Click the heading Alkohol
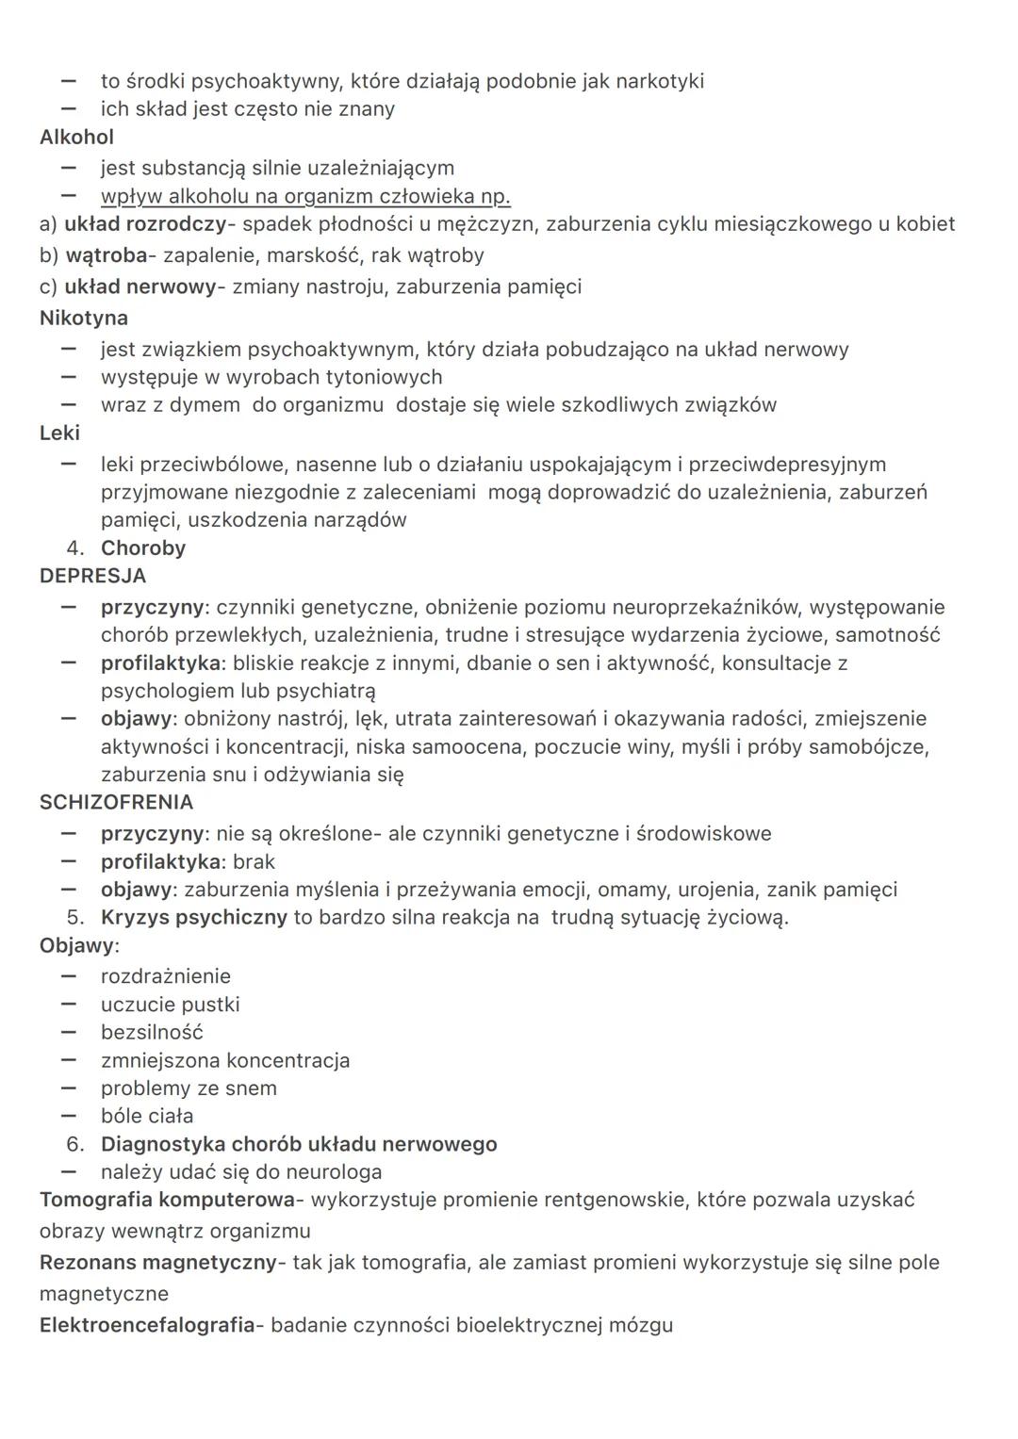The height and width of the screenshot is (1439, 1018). click(x=76, y=138)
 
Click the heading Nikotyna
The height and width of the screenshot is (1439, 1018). click(x=84, y=319)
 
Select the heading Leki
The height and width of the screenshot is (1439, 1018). click(x=59, y=433)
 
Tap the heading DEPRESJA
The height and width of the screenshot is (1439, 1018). click(x=92, y=576)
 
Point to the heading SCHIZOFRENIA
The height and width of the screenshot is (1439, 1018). click(x=116, y=803)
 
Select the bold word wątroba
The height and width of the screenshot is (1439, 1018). click(x=107, y=255)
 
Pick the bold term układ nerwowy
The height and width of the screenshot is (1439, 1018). click(x=140, y=286)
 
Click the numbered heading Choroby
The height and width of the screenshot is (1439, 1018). click(x=143, y=548)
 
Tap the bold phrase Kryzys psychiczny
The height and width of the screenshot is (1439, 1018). click(x=193, y=918)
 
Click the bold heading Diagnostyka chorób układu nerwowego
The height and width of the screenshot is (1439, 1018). click(x=299, y=1145)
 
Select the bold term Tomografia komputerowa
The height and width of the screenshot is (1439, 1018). click(x=167, y=1201)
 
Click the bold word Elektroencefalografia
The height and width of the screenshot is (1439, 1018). click(x=147, y=1326)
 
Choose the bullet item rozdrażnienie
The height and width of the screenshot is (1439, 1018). click(x=166, y=977)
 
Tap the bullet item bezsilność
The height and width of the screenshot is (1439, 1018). click(x=152, y=1033)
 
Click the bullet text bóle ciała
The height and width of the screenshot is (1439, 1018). click(x=147, y=1117)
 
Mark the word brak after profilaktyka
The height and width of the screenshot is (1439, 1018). click(x=254, y=862)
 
